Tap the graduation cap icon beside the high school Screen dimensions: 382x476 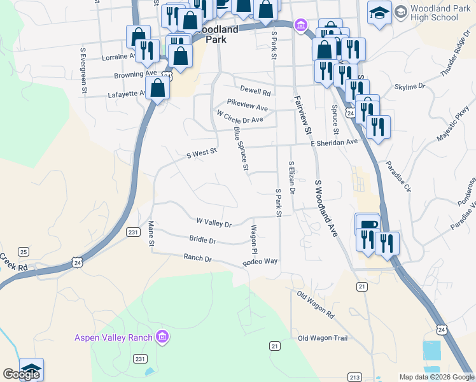click(379, 14)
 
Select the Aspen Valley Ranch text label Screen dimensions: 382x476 click(114, 337)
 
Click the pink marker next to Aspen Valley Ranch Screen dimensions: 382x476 click(163, 336)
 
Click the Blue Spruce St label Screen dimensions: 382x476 click(241, 148)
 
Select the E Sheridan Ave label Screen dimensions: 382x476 click(335, 143)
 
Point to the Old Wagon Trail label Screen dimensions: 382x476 click(323, 337)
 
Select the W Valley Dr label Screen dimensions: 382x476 click(214, 222)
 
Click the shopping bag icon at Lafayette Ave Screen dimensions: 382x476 click(158, 88)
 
